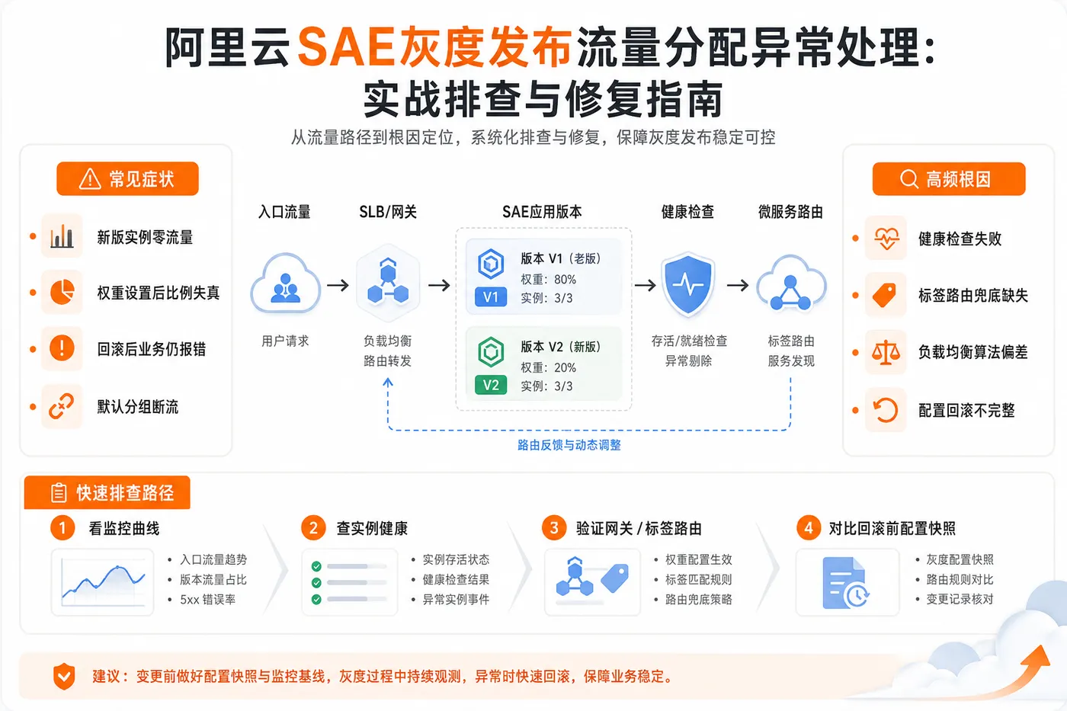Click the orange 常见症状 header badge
point(128,178)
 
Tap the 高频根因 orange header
point(949,178)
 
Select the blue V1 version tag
point(491,297)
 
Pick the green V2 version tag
point(491,385)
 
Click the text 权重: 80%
point(548,279)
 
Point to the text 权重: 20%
point(548,367)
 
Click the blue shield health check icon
point(687,284)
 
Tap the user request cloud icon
point(285,283)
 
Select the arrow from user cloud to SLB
point(338,285)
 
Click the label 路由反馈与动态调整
point(569,445)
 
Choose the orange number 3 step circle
point(554,527)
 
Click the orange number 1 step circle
point(62,527)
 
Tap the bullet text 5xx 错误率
point(207,600)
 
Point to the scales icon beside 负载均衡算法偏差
point(886,352)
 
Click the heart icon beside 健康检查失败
point(886,238)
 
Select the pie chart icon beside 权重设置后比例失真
point(62,292)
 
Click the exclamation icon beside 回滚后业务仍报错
point(62,348)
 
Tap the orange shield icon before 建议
point(64,676)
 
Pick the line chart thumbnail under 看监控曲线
point(102,582)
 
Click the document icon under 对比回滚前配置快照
point(845,583)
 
